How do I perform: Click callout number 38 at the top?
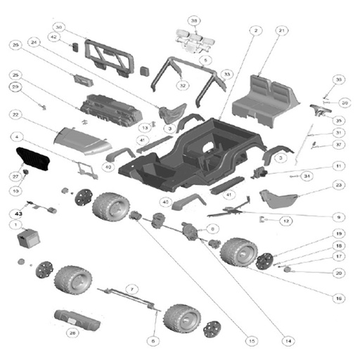click(x=194, y=20)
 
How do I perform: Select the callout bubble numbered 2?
click(x=255, y=31)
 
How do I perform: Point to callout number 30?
click(x=59, y=27)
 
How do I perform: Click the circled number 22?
click(x=15, y=115)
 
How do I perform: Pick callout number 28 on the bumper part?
click(x=72, y=333)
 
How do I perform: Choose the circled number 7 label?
click(x=130, y=288)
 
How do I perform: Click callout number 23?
click(x=339, y=184)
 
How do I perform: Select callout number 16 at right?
click(x=340, y=298)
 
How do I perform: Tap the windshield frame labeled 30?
click(x=109, y=56)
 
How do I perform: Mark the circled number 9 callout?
click(x=338, y=217)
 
